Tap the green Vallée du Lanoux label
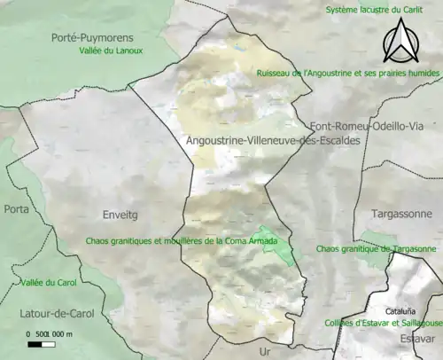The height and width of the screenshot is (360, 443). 111,51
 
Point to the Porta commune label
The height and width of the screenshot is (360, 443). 16,209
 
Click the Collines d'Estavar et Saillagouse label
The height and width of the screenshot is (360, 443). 383,324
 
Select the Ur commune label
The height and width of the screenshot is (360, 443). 263,351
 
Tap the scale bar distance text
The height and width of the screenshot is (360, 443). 50,333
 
